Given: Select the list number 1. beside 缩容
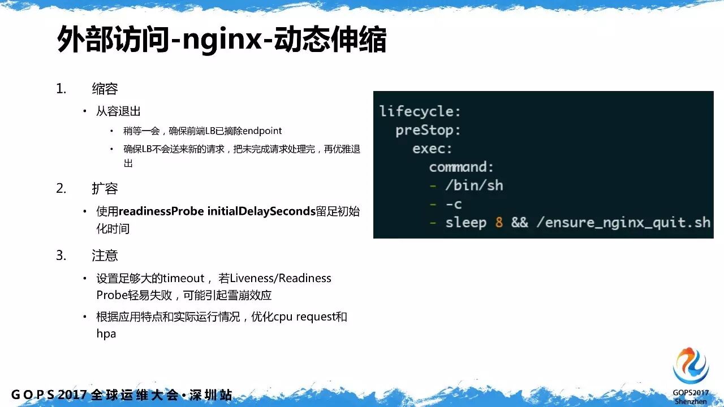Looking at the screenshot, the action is [x=61, y=89].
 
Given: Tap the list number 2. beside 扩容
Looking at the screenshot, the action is [x=61, y=188].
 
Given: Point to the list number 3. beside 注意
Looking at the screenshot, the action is [x=61, y=255].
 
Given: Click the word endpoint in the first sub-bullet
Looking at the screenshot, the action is [x=262, y=131].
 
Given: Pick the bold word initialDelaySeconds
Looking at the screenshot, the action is [x=261, y=211].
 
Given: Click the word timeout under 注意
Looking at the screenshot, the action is [x=183, y=278].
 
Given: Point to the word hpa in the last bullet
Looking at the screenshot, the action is [x=106, y=334].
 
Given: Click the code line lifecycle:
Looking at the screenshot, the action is [x=420, y=112].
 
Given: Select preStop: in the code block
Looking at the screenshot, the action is [x=428, y=131].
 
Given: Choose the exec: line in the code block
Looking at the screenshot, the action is [x=432, y=149].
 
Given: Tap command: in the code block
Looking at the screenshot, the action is [x=461, y=167].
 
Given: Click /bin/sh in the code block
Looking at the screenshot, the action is [x=474, y=186].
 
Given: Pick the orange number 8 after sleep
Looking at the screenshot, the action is [x=499, y=223].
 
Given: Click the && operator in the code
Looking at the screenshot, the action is [x=520, y=223].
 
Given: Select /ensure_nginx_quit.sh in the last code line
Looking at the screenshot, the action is [x=623, y=223].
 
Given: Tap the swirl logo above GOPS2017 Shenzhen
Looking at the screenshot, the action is [x=691, y=366].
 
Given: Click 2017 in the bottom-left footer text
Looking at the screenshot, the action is [x=72, y=395].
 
